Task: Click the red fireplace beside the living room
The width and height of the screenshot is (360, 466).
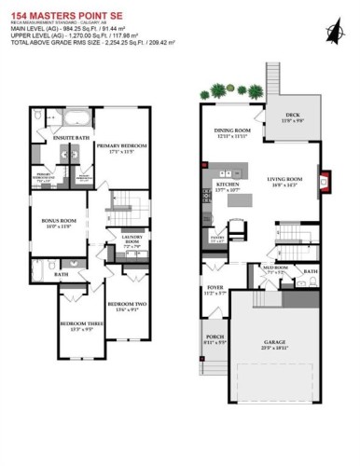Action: click(325, 178)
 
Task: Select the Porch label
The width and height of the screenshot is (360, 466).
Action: click(214, 338)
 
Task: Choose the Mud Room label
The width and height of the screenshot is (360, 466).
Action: click(273, 268)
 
